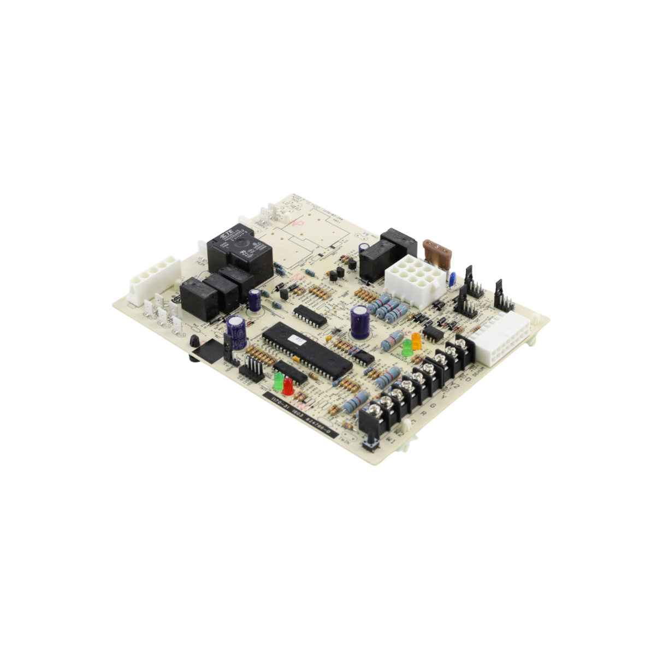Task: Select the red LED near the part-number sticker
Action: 288,386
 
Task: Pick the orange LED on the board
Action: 416,341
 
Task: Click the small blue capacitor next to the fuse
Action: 453,278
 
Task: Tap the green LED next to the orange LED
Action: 407,347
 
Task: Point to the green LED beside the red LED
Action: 279,381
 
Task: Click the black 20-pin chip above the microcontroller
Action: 310,315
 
